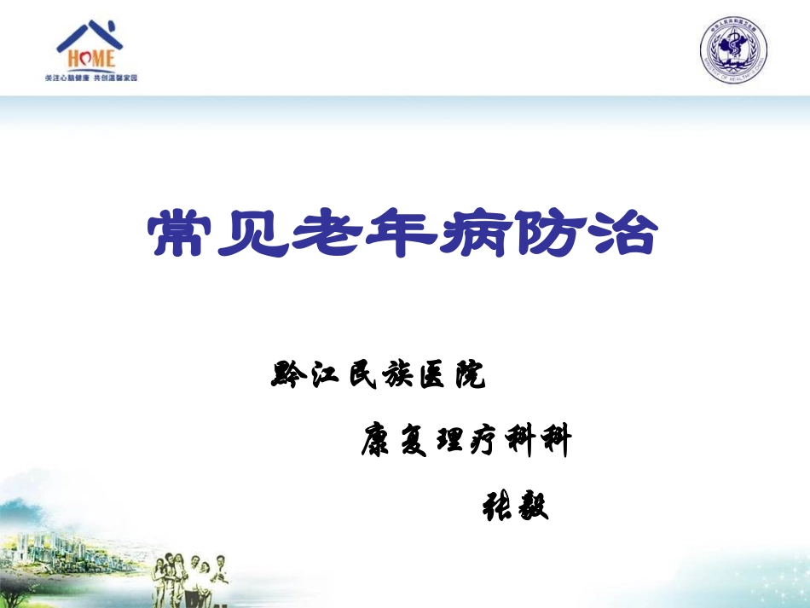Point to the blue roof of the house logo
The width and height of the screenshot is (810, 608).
(90, 34)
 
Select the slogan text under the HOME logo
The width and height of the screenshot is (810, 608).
(90, 78)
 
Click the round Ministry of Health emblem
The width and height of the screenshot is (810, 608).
(733, 51)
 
